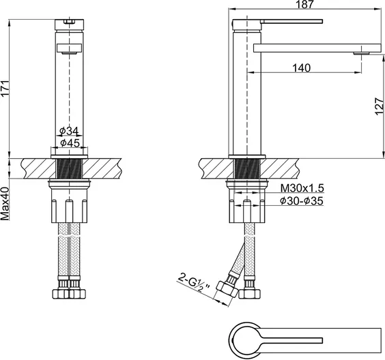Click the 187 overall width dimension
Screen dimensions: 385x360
tap(304, 4)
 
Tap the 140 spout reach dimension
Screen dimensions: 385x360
tap(302, 68)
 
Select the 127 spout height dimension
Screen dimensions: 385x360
tap(379, 106)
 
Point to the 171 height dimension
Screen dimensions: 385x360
tap(5, 88)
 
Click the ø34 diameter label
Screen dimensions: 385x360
tap(69, 131)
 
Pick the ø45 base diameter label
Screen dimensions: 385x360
tap(70, 143)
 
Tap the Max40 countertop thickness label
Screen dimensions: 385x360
tap(5, 203)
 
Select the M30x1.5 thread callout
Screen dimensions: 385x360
tap(302, 188)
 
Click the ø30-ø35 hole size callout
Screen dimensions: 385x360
tap(302, 201)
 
